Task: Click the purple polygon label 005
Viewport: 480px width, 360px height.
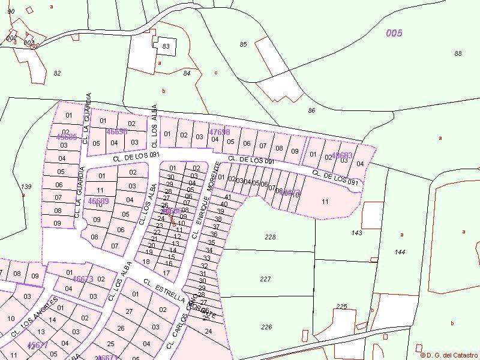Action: [x=394, y=34]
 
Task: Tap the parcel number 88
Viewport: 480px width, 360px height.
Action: [x=458, y=53]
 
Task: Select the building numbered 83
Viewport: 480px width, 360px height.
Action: [x=166, y=46]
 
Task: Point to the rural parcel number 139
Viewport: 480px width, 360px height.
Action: [x=26, y=187]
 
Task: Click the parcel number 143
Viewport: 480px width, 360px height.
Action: [x=357, y=232]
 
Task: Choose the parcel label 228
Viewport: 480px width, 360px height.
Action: [x=270, y=237]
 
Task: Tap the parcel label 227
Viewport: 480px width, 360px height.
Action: [x=266, y=279]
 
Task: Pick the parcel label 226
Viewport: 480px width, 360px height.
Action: [x=267, y=327]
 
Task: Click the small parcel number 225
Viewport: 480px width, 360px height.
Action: [x=341, y=307]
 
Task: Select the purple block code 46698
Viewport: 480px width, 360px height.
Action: [x=117, y=131]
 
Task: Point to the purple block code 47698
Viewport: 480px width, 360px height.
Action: [x=219, y=132]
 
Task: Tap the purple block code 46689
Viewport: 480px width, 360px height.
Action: [x=98, y=201]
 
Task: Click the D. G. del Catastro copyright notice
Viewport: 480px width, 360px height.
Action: [x=448, y=355]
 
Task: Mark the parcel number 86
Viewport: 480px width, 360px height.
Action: [x=311, y=110]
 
